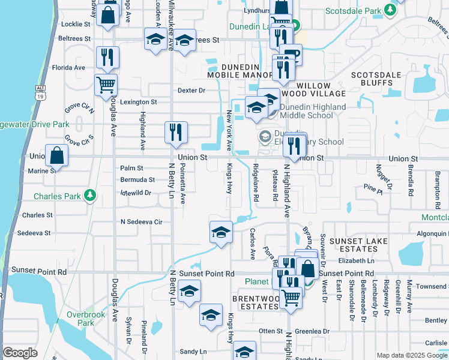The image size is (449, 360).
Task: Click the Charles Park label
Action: (57, 196)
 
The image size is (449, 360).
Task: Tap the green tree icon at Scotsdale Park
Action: (390, 10)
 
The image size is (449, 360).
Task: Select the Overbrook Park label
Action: (86, 319)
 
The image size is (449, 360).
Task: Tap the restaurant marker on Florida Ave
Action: (107, 58)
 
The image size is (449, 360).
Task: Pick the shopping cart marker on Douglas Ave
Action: (106, 85)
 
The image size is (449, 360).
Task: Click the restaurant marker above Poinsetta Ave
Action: (176, 133)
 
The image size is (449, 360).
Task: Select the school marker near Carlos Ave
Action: (220, 232)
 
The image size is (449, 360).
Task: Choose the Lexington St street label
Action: (138, 102)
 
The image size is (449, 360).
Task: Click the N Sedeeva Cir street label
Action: (142, 221)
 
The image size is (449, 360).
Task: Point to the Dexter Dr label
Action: (191, 91)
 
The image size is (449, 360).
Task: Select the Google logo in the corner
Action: (20, 353)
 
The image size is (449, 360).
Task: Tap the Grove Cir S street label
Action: (79, 140)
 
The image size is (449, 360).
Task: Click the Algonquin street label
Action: (430, 233)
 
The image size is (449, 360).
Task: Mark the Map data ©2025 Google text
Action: (412, 355)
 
